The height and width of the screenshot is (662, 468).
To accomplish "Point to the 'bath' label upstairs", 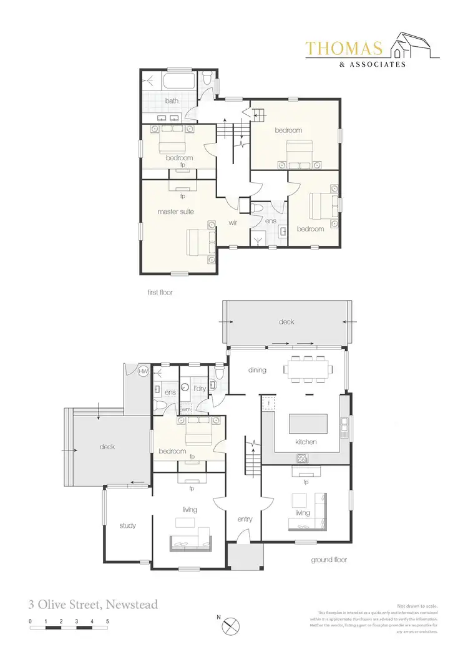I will (172, 100).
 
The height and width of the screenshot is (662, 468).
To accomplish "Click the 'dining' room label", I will (256, 370).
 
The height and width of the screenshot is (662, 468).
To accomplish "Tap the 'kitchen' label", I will (306, 442).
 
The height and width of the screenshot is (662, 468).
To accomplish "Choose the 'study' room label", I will (127, 525).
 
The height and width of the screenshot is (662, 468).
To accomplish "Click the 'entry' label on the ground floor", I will (244, 518).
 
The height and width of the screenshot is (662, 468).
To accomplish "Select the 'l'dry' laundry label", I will (200, 389).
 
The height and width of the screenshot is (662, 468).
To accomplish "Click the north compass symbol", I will (232, 624).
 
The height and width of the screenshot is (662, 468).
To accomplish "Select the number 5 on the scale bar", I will (108, 622).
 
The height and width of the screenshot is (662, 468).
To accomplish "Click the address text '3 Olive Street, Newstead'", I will (92, 604).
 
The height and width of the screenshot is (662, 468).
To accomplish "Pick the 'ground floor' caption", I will (329, 560).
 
